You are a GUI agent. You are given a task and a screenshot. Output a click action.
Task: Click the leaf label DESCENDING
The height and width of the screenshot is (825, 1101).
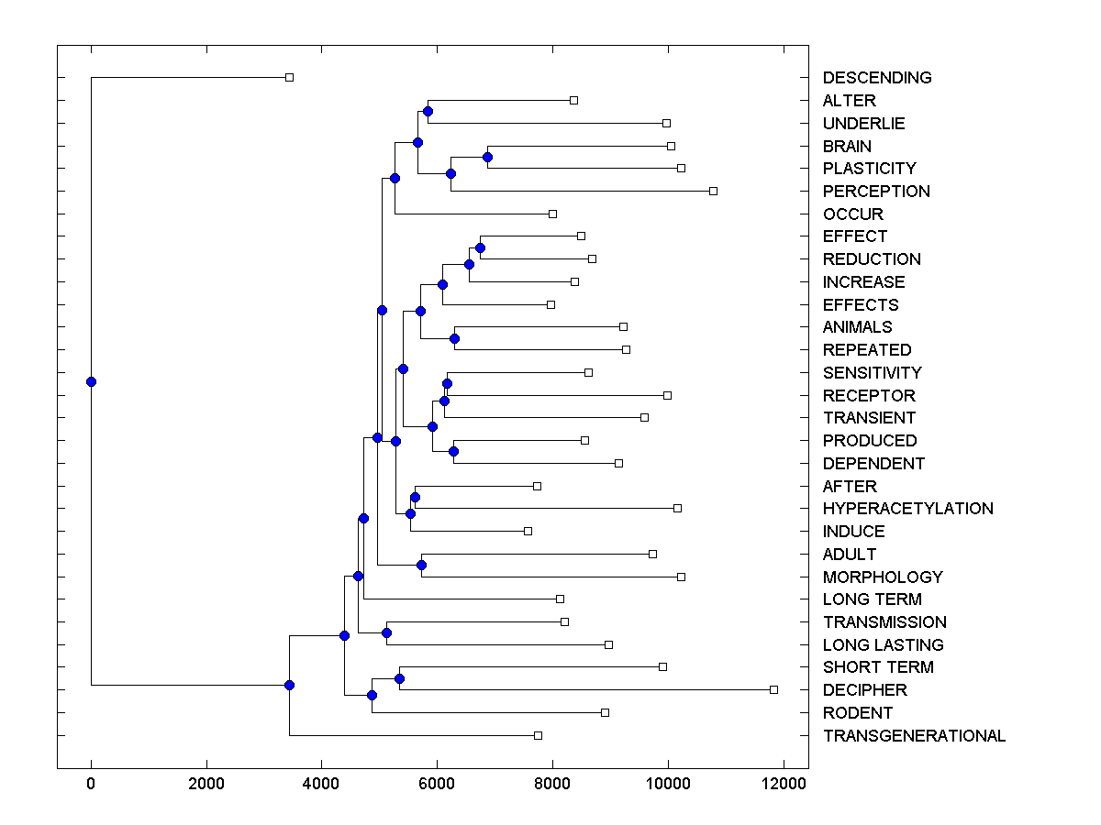(x=876, y=78)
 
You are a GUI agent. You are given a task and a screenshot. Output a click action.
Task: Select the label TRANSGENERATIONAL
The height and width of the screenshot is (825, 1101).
(x=914, y=736)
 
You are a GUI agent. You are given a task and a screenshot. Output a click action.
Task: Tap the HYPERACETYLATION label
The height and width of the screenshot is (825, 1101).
(x=907, y=509)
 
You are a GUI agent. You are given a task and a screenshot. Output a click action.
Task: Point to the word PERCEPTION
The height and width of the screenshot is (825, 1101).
(x=876, y=192)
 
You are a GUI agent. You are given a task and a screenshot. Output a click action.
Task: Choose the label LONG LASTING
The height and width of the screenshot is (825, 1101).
(x=883, y=645)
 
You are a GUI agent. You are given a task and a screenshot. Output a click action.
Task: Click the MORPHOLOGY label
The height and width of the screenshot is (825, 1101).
(x=883, y=577)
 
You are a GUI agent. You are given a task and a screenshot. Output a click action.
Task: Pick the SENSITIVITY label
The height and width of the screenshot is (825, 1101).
(x=872, y=373)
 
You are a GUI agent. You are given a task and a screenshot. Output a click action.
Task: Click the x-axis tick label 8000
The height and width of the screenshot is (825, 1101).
(x=552, y=785)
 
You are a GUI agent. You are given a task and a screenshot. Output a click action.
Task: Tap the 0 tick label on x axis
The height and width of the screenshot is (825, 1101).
(x=91, y=785)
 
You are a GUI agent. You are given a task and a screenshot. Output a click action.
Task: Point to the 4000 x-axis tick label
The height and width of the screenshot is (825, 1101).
(x=321, y=785)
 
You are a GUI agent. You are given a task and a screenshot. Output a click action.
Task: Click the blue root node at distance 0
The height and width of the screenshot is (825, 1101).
(x=91, y=381)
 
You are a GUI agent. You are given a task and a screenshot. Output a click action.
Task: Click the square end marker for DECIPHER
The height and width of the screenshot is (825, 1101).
(x=773, y=689)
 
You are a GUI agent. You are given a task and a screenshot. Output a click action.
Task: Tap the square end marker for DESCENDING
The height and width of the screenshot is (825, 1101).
(x=289, y=77)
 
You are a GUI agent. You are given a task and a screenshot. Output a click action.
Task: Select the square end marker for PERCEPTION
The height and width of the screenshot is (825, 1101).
(x=713, y=191)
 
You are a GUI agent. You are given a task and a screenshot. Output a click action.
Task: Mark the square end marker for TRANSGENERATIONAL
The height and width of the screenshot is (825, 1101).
(x=538, y=735)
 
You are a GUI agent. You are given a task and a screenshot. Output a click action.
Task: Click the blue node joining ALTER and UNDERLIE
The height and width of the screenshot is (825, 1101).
(x=428, y=111)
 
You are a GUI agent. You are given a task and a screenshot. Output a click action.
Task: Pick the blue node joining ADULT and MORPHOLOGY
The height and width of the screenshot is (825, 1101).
(x=421, y=565)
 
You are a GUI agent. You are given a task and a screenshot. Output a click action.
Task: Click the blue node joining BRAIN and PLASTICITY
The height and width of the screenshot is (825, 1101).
(x=487, y=157)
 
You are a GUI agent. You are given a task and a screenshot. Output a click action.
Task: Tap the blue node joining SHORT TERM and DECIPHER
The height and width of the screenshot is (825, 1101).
(x=399, y=678)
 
